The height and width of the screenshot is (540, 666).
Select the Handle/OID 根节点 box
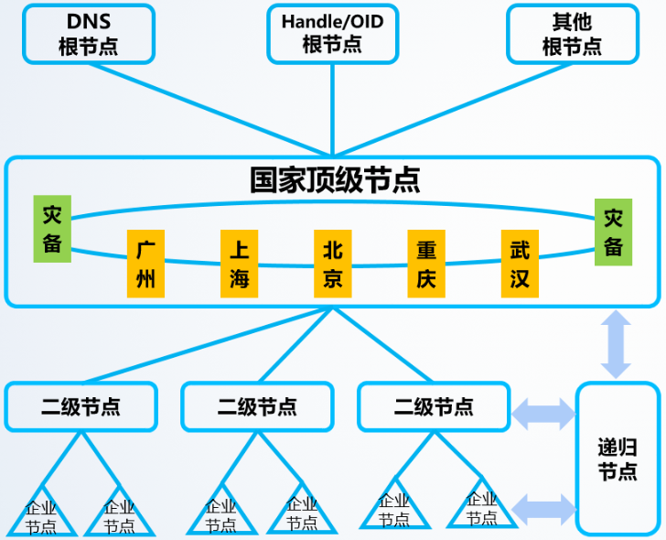[x=332, y=34]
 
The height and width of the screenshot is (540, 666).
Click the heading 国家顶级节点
[x=335, y=179]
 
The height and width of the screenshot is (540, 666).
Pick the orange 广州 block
[x=145, y=264]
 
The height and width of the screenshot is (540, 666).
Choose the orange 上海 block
[x=239, y=264]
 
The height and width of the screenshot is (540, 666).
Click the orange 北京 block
[x=332, y=264]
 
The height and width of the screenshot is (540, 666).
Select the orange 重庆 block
[x=425, y=264]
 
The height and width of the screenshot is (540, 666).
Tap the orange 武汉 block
[x=520, y=264]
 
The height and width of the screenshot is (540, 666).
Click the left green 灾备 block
[x=52, y=229]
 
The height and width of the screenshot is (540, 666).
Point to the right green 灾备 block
[x=613, y=232]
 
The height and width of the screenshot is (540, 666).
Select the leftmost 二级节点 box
[x=81, y=406]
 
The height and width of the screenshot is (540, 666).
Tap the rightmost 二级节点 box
[x=434, y=406]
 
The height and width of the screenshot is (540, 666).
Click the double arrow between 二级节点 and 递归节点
[x=543, y=412]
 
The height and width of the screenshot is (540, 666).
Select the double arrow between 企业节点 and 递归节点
[x=543, y=506]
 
